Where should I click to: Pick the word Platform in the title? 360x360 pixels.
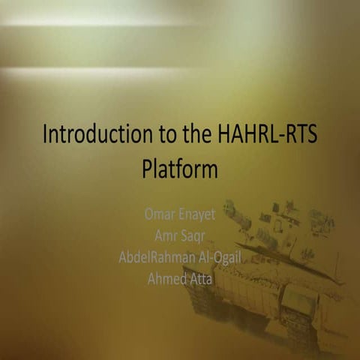(x=180, y=169)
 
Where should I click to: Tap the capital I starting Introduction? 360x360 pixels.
(x=46, y=136)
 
